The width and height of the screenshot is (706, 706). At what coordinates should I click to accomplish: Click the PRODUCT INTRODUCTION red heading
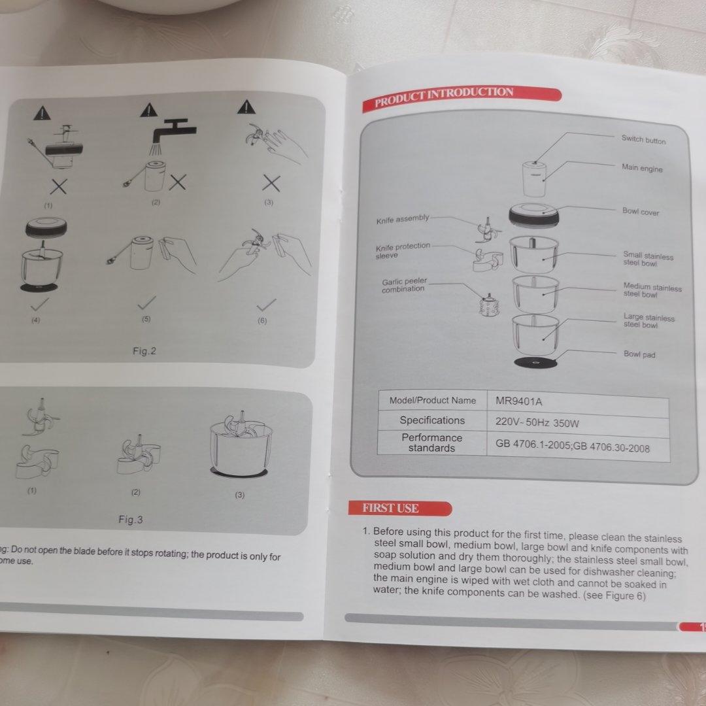click(462, 98)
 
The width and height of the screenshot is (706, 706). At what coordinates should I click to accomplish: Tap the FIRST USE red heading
click(400, 509)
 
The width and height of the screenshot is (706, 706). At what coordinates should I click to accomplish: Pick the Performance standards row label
click(432, 443)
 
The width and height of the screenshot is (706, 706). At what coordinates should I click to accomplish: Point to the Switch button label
click(643, 140)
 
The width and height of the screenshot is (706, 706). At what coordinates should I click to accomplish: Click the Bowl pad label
click(639, 354)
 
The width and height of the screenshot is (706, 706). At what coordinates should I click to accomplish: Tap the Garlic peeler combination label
click(404, 286)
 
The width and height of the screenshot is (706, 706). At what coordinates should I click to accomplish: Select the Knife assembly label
click(403, 220)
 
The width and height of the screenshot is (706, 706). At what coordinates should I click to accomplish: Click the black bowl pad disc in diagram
click(535, 363)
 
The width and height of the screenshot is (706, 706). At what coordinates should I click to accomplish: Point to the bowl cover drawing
click(534, 216)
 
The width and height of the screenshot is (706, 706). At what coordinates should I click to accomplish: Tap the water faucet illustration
click(173, 134)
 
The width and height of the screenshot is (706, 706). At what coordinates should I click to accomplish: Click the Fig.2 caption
click(144, 351)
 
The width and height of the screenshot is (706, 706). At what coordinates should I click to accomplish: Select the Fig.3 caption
click(131, 520)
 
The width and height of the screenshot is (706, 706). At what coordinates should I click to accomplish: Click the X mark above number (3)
click(271, 184)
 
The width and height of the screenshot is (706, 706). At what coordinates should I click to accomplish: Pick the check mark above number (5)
click(147, 303)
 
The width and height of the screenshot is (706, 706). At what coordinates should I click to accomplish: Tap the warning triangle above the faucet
click(148, 110)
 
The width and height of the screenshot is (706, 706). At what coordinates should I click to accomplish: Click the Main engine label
click(642, 168)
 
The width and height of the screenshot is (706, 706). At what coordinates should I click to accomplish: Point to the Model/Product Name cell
click(433, 400)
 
